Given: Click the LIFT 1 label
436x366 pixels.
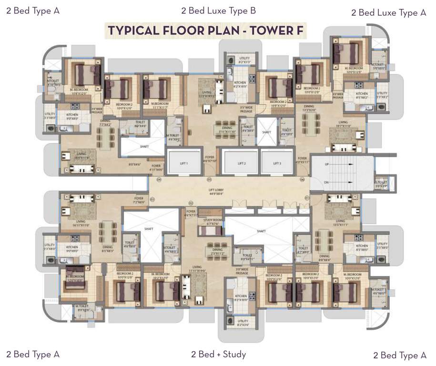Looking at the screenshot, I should pyautogui.click(x=184, y=163).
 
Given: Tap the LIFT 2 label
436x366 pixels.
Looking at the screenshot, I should pyautogui.click(x=242, y=163).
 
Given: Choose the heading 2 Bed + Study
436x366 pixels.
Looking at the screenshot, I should pyautogui.click(x=218, y=354).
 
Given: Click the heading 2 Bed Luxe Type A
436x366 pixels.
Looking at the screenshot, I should pyautogui.click(x=388, y=13).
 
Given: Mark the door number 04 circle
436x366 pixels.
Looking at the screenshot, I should pyautogui.click(x=159, y=180).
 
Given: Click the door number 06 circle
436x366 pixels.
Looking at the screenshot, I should pyautogui.click(x=302, y=180).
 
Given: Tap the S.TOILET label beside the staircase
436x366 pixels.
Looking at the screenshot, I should pyautogui.click(x=380, y=183).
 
